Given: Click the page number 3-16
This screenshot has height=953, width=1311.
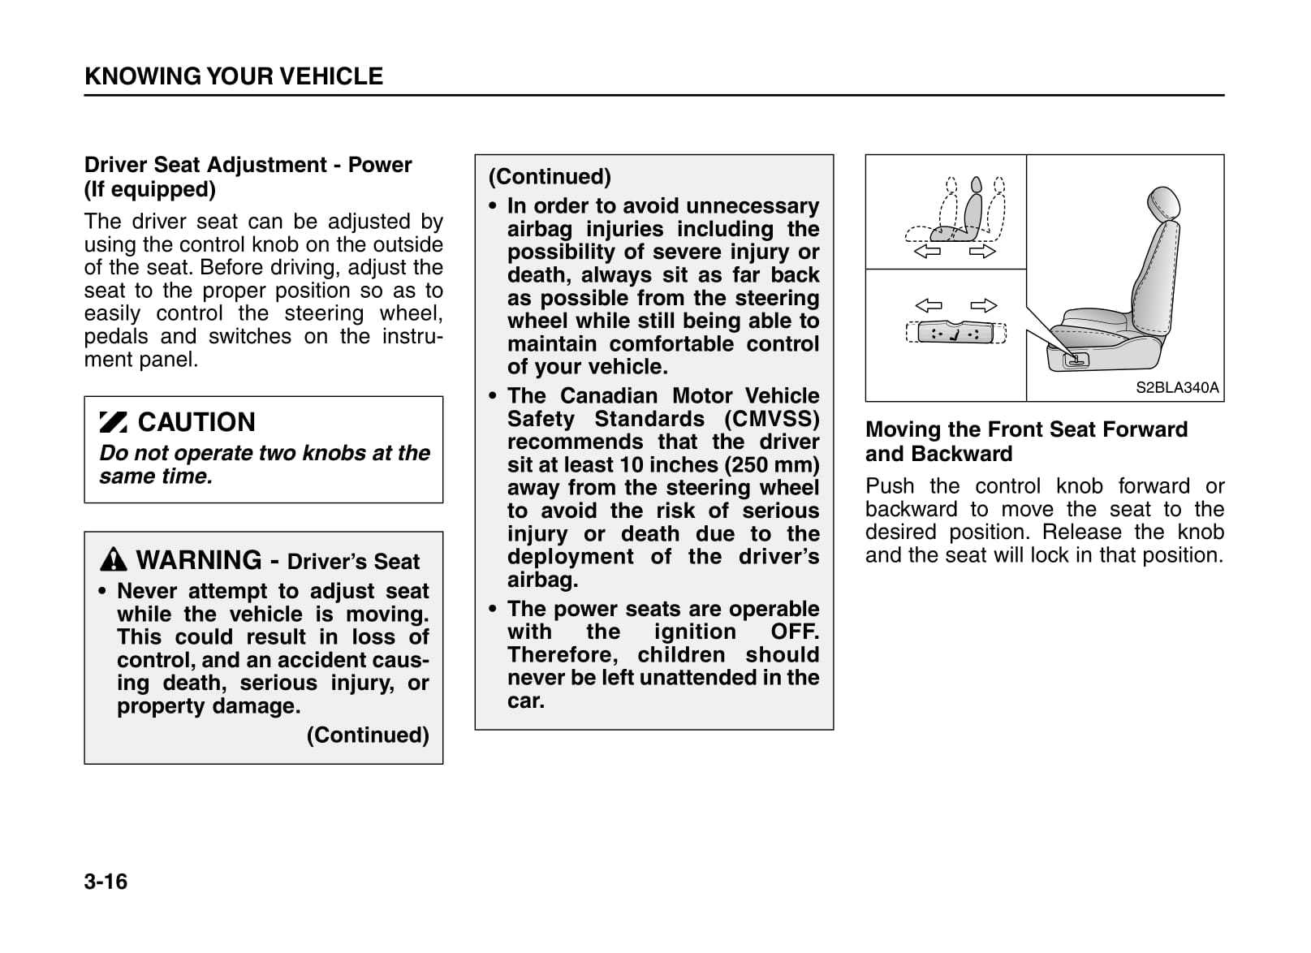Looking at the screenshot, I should (x=106, y=882).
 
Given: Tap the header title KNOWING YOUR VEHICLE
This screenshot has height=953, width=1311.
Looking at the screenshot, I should (x=234, y=76).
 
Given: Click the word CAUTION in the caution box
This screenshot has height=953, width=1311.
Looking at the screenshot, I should (x=196, y=422).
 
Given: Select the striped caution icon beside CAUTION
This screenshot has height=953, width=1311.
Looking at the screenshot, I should (x=113, y=422).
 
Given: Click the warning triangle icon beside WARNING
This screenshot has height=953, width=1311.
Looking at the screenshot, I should (x=114, y=559).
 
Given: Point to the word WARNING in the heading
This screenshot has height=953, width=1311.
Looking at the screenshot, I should (x=199, y=560).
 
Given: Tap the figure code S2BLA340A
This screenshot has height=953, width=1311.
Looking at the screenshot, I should (x=1176, y=388).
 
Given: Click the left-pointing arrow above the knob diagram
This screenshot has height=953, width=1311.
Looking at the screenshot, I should (x=928, y=306).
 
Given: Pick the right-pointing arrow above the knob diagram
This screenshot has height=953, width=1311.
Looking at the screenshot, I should (x=983, y=306).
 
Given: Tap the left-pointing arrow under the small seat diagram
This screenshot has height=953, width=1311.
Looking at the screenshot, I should (x=927, y=252).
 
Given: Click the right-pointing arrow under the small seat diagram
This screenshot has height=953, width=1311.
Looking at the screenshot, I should (x=982, y=252).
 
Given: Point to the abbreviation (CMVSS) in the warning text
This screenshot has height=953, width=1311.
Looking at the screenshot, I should (x=772, y=419).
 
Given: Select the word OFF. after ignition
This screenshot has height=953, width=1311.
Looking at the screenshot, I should (x=795, y=632).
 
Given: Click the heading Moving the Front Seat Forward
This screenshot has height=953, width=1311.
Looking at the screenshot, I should (x=1026, y=429).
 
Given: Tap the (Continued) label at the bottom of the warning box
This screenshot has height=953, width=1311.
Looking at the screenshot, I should (x=368, y=735).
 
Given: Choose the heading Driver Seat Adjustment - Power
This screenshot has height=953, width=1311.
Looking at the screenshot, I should (x=248, y=165).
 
